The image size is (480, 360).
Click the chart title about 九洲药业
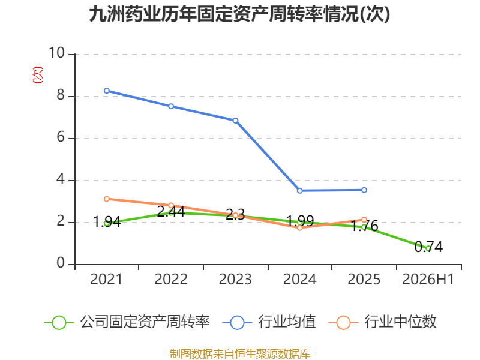239,14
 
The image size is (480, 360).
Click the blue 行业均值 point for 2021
107,91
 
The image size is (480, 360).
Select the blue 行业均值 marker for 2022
171,106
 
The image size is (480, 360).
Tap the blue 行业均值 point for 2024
299,191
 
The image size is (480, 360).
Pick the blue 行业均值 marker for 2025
364,190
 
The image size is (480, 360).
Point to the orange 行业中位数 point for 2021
107,199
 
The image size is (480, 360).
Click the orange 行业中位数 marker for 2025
364,220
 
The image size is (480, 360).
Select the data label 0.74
428,247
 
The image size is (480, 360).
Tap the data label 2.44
171,211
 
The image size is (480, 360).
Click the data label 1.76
364,226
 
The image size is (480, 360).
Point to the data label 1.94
107,221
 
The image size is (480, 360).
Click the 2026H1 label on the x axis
428,279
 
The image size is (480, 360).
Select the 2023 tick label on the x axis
235,279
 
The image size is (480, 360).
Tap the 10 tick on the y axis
57,53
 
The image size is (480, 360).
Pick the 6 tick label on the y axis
61,137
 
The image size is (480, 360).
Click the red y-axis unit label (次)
38,75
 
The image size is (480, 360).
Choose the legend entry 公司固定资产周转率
127,322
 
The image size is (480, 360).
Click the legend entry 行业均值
269,322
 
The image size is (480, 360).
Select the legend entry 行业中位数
382,322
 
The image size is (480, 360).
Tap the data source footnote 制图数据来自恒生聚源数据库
240,354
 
